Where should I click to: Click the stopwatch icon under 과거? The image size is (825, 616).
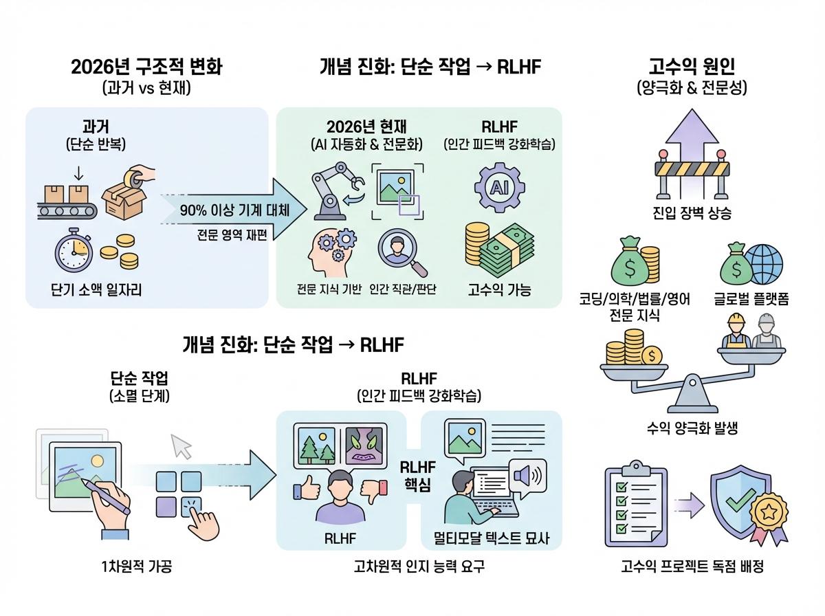74,250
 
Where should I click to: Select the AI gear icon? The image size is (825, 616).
500,188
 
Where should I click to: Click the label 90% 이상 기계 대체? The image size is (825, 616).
234,210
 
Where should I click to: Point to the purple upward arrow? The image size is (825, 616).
692,135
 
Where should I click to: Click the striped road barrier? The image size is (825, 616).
692,174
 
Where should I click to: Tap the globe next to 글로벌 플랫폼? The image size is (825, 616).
763,264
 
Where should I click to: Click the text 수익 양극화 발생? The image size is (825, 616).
692,428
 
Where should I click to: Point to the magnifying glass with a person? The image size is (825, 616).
402,252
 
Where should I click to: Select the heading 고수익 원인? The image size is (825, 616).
692,67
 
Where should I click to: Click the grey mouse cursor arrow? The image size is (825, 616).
181,446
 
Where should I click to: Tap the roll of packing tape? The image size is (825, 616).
134,179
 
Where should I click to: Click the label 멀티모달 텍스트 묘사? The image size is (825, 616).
492,538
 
